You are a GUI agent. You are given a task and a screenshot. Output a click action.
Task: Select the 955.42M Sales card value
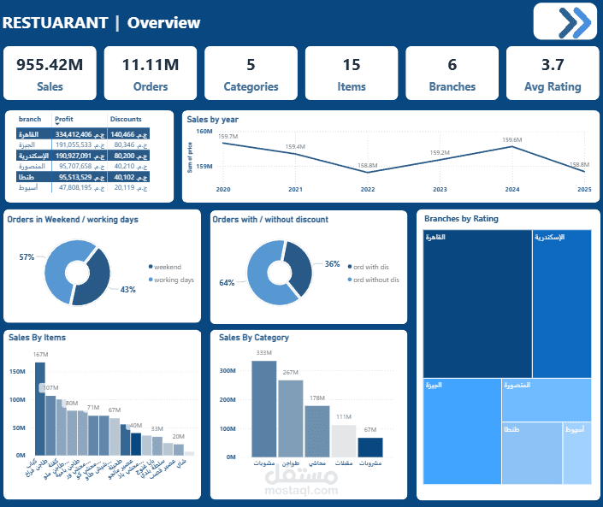pos(50,65)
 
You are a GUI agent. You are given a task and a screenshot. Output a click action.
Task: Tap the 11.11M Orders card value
pos(150,65)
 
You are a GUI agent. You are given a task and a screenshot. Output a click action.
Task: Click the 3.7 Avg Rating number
pos(552,65)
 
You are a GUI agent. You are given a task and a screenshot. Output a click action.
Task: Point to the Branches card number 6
pos(452,65)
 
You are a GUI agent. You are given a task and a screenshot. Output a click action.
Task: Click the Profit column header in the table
pos(64,120)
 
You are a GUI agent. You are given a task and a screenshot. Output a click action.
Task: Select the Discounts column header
pos(126,120)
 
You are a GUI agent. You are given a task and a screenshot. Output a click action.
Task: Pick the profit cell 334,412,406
pos(79,134)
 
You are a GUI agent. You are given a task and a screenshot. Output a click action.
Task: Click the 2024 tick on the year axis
pos(511,189)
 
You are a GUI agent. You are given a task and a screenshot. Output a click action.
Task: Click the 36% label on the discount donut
pos(332,264)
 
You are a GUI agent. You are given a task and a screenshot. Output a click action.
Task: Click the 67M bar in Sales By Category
pos(369,447)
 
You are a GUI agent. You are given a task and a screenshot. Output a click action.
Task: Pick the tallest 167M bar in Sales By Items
pos(39,409)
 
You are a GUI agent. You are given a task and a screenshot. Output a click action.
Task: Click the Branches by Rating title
pos(461,219)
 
